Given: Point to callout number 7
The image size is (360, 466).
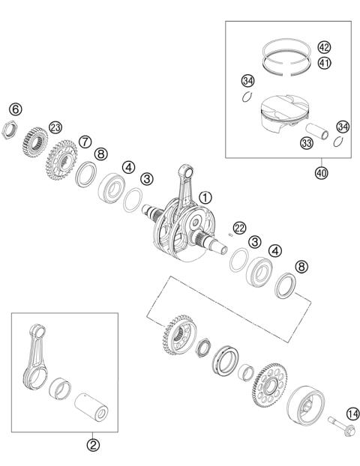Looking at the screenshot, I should point(85,142).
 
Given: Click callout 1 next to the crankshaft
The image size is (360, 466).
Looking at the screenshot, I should point(205,199).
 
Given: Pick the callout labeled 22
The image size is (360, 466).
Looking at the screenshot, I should point(240,228).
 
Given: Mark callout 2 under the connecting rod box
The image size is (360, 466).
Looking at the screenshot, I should point(93,445).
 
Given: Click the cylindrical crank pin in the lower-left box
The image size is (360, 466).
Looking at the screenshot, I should point(91,408).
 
